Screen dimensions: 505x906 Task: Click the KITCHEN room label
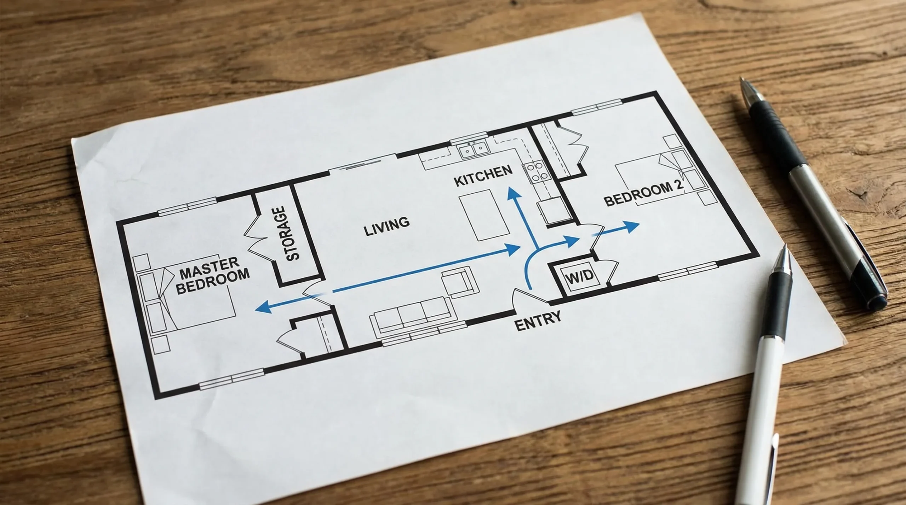point(483,176)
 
